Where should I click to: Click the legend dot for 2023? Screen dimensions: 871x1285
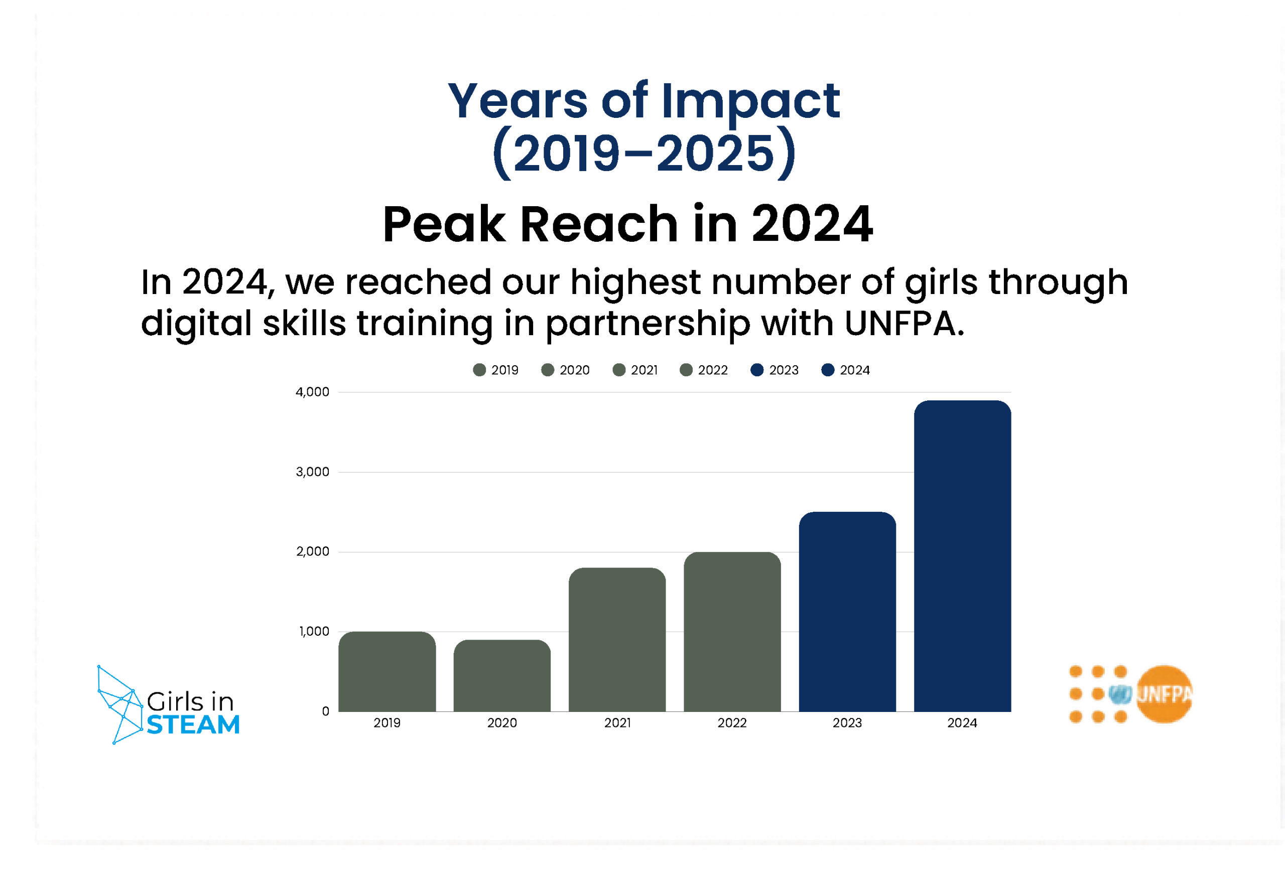(757, 370)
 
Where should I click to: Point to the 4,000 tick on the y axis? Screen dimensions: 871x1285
(312, 392)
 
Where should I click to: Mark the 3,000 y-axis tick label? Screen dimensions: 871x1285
(312, 472)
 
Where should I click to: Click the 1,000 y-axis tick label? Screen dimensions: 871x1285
(314, 631)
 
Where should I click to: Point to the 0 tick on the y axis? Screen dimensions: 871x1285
(326, 711)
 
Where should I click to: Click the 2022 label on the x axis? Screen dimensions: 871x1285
(732, 723)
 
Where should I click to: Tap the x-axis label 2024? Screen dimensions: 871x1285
(962, 723)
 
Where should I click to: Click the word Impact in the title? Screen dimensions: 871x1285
(750, 102)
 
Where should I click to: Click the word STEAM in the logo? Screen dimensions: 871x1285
(193, 724)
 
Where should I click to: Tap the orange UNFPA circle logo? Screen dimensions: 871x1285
(1164, 694)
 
